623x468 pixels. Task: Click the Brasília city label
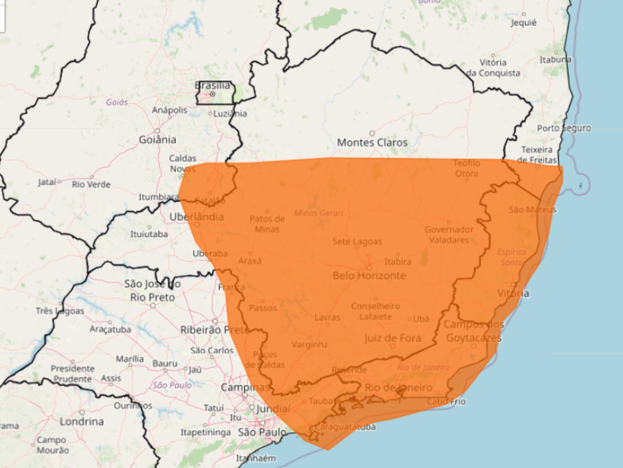(213, 85)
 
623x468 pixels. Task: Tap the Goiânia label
(157, 140)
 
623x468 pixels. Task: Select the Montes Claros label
(372, 143)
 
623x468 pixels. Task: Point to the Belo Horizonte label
(369, 276)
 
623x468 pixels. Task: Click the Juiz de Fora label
(393, 338)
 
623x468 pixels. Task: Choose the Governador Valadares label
(449, 235)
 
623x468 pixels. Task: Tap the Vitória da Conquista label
(493, 68)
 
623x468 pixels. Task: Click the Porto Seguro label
(563, 128)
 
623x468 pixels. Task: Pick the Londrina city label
(82, 422)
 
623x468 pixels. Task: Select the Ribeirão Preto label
(215, 330)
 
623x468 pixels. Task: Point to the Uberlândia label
(197, 217)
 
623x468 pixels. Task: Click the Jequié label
(524, 23)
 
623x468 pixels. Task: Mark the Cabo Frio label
(446, 401)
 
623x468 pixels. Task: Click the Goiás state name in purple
(117, 103)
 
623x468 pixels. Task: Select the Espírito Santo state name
(512, 257)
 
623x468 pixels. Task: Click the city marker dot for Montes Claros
(372, 133)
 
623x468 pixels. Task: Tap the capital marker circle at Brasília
(213, 94)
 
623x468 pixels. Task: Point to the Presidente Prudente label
(72, 374)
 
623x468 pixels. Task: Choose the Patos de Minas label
(267, 224)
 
